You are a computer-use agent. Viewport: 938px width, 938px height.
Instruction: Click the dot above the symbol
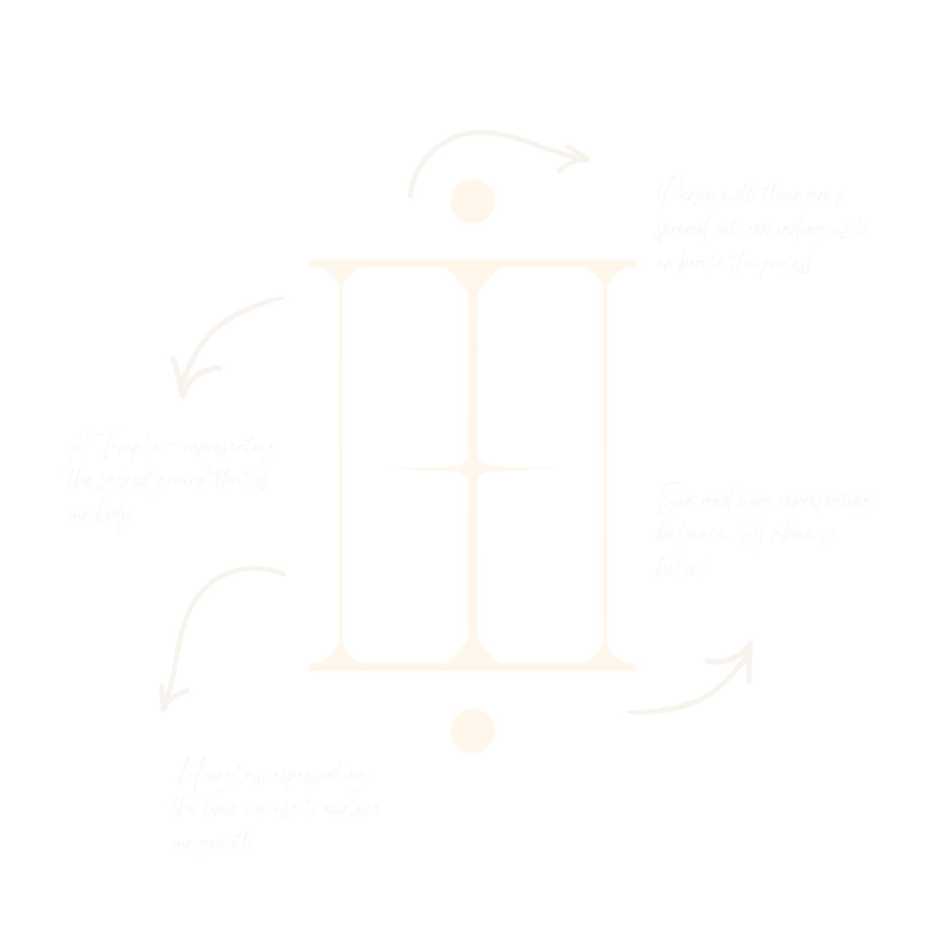[x=473, y=201]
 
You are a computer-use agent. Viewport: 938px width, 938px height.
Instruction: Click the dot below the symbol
[x=473, y=730]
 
